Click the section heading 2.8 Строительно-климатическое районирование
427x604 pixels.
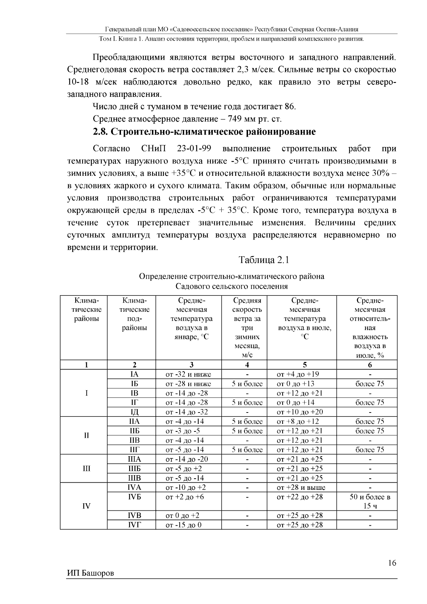204,132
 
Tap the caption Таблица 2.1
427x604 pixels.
264,260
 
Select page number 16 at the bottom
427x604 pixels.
392,563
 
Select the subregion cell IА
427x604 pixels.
134,374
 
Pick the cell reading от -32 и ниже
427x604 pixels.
188,374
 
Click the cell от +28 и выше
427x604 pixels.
301,488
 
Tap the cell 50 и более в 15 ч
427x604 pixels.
370,501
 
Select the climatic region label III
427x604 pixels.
86,468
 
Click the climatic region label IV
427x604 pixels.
86,506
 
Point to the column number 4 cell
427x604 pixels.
247,365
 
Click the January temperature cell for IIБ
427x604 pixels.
183,431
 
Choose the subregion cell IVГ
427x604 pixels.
134,525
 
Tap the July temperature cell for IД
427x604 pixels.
300,412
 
